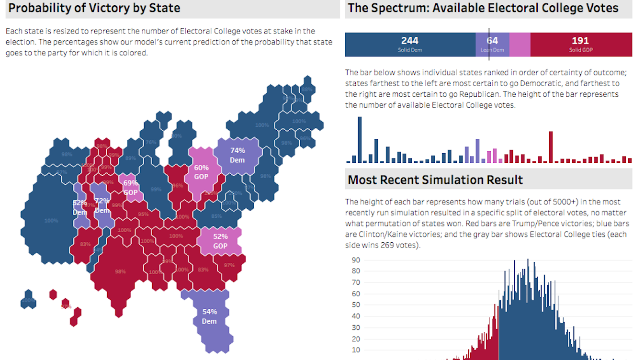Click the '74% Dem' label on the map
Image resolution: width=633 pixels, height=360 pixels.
(237, 155)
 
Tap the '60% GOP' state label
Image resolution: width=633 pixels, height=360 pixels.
(201, 172)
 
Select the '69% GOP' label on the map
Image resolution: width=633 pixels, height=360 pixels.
(131, 188)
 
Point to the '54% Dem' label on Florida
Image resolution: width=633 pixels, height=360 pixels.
(209, 316)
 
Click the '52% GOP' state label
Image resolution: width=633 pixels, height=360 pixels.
(220, 241)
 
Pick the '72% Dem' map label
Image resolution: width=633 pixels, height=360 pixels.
(102, 205)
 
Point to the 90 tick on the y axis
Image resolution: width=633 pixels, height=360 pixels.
(356, 260)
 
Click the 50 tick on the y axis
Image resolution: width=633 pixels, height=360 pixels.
(356, 305)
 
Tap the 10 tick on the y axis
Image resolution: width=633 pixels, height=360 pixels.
(356, 349)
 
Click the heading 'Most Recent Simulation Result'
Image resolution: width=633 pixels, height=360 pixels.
(435, 180)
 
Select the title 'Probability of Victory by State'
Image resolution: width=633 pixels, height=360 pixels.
(94, 8)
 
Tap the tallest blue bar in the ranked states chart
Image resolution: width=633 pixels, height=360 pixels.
(360, 140)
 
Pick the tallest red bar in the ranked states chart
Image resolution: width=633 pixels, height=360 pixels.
(551, 147)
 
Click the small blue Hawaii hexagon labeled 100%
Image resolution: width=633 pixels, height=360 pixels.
(28, 300)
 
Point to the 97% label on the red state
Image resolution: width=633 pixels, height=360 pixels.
(229, 265)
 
